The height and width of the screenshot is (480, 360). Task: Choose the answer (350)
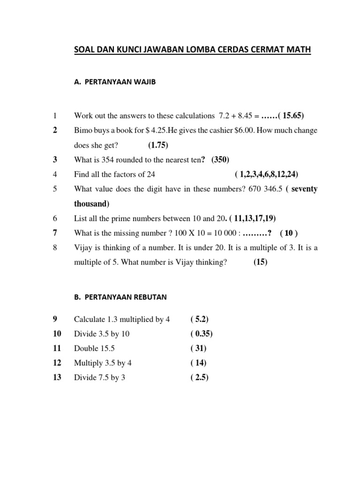point(220,160)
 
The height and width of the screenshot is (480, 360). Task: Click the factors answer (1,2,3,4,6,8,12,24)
point(266,174)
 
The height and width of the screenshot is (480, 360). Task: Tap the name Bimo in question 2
point(82,130)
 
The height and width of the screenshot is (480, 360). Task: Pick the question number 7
point(55,233)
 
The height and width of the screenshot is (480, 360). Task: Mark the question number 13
point(57,378)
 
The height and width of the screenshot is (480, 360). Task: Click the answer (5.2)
point(200,320)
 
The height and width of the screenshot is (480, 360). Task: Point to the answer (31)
point(198,349)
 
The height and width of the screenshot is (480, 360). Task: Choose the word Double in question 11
point(86,349)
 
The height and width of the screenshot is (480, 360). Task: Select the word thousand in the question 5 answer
point(91,204)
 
